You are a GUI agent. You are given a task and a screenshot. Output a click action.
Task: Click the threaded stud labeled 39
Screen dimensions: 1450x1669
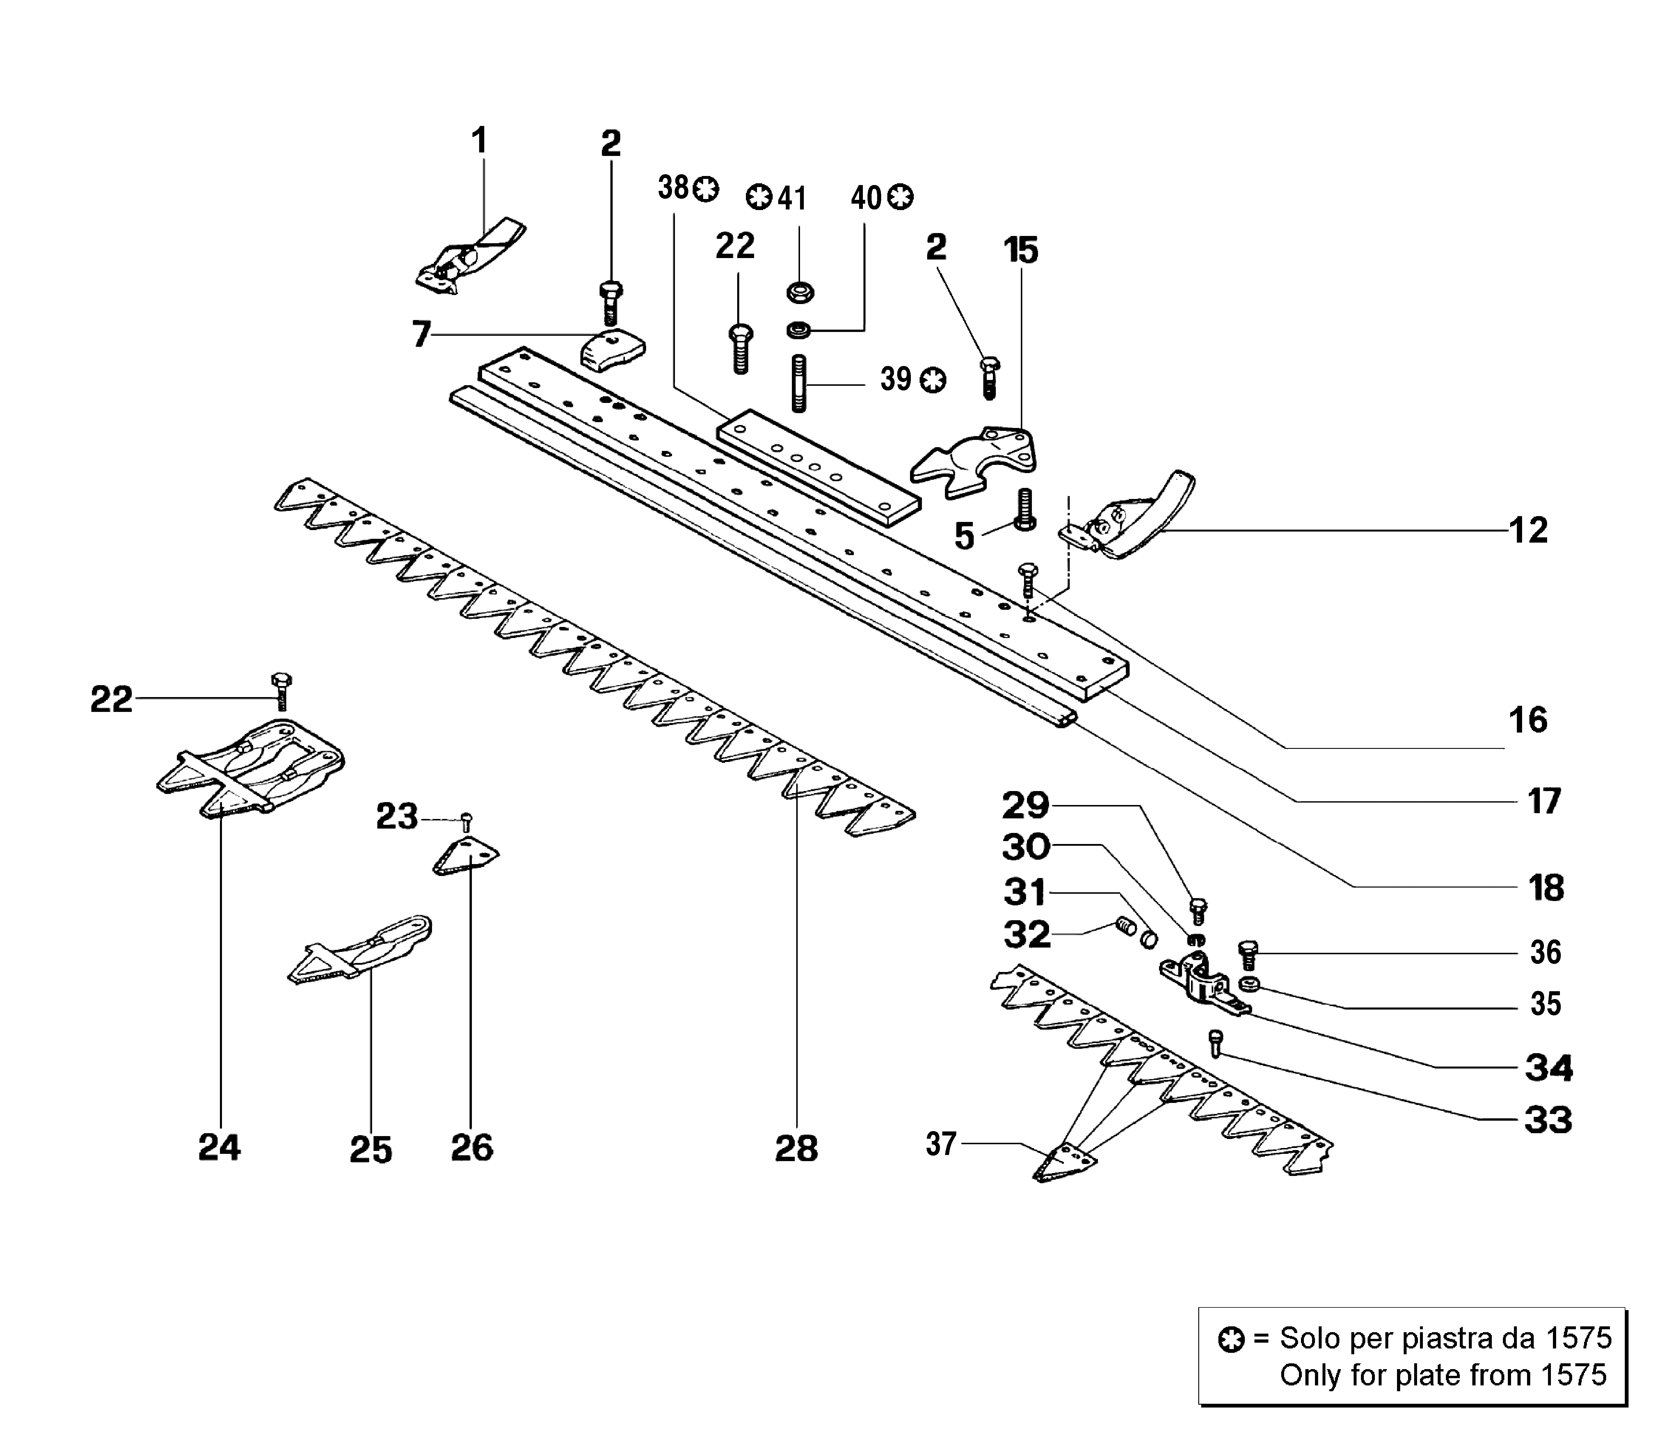[799, 383]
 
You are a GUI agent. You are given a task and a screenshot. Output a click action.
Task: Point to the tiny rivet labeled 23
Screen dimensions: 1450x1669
[466, 822]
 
